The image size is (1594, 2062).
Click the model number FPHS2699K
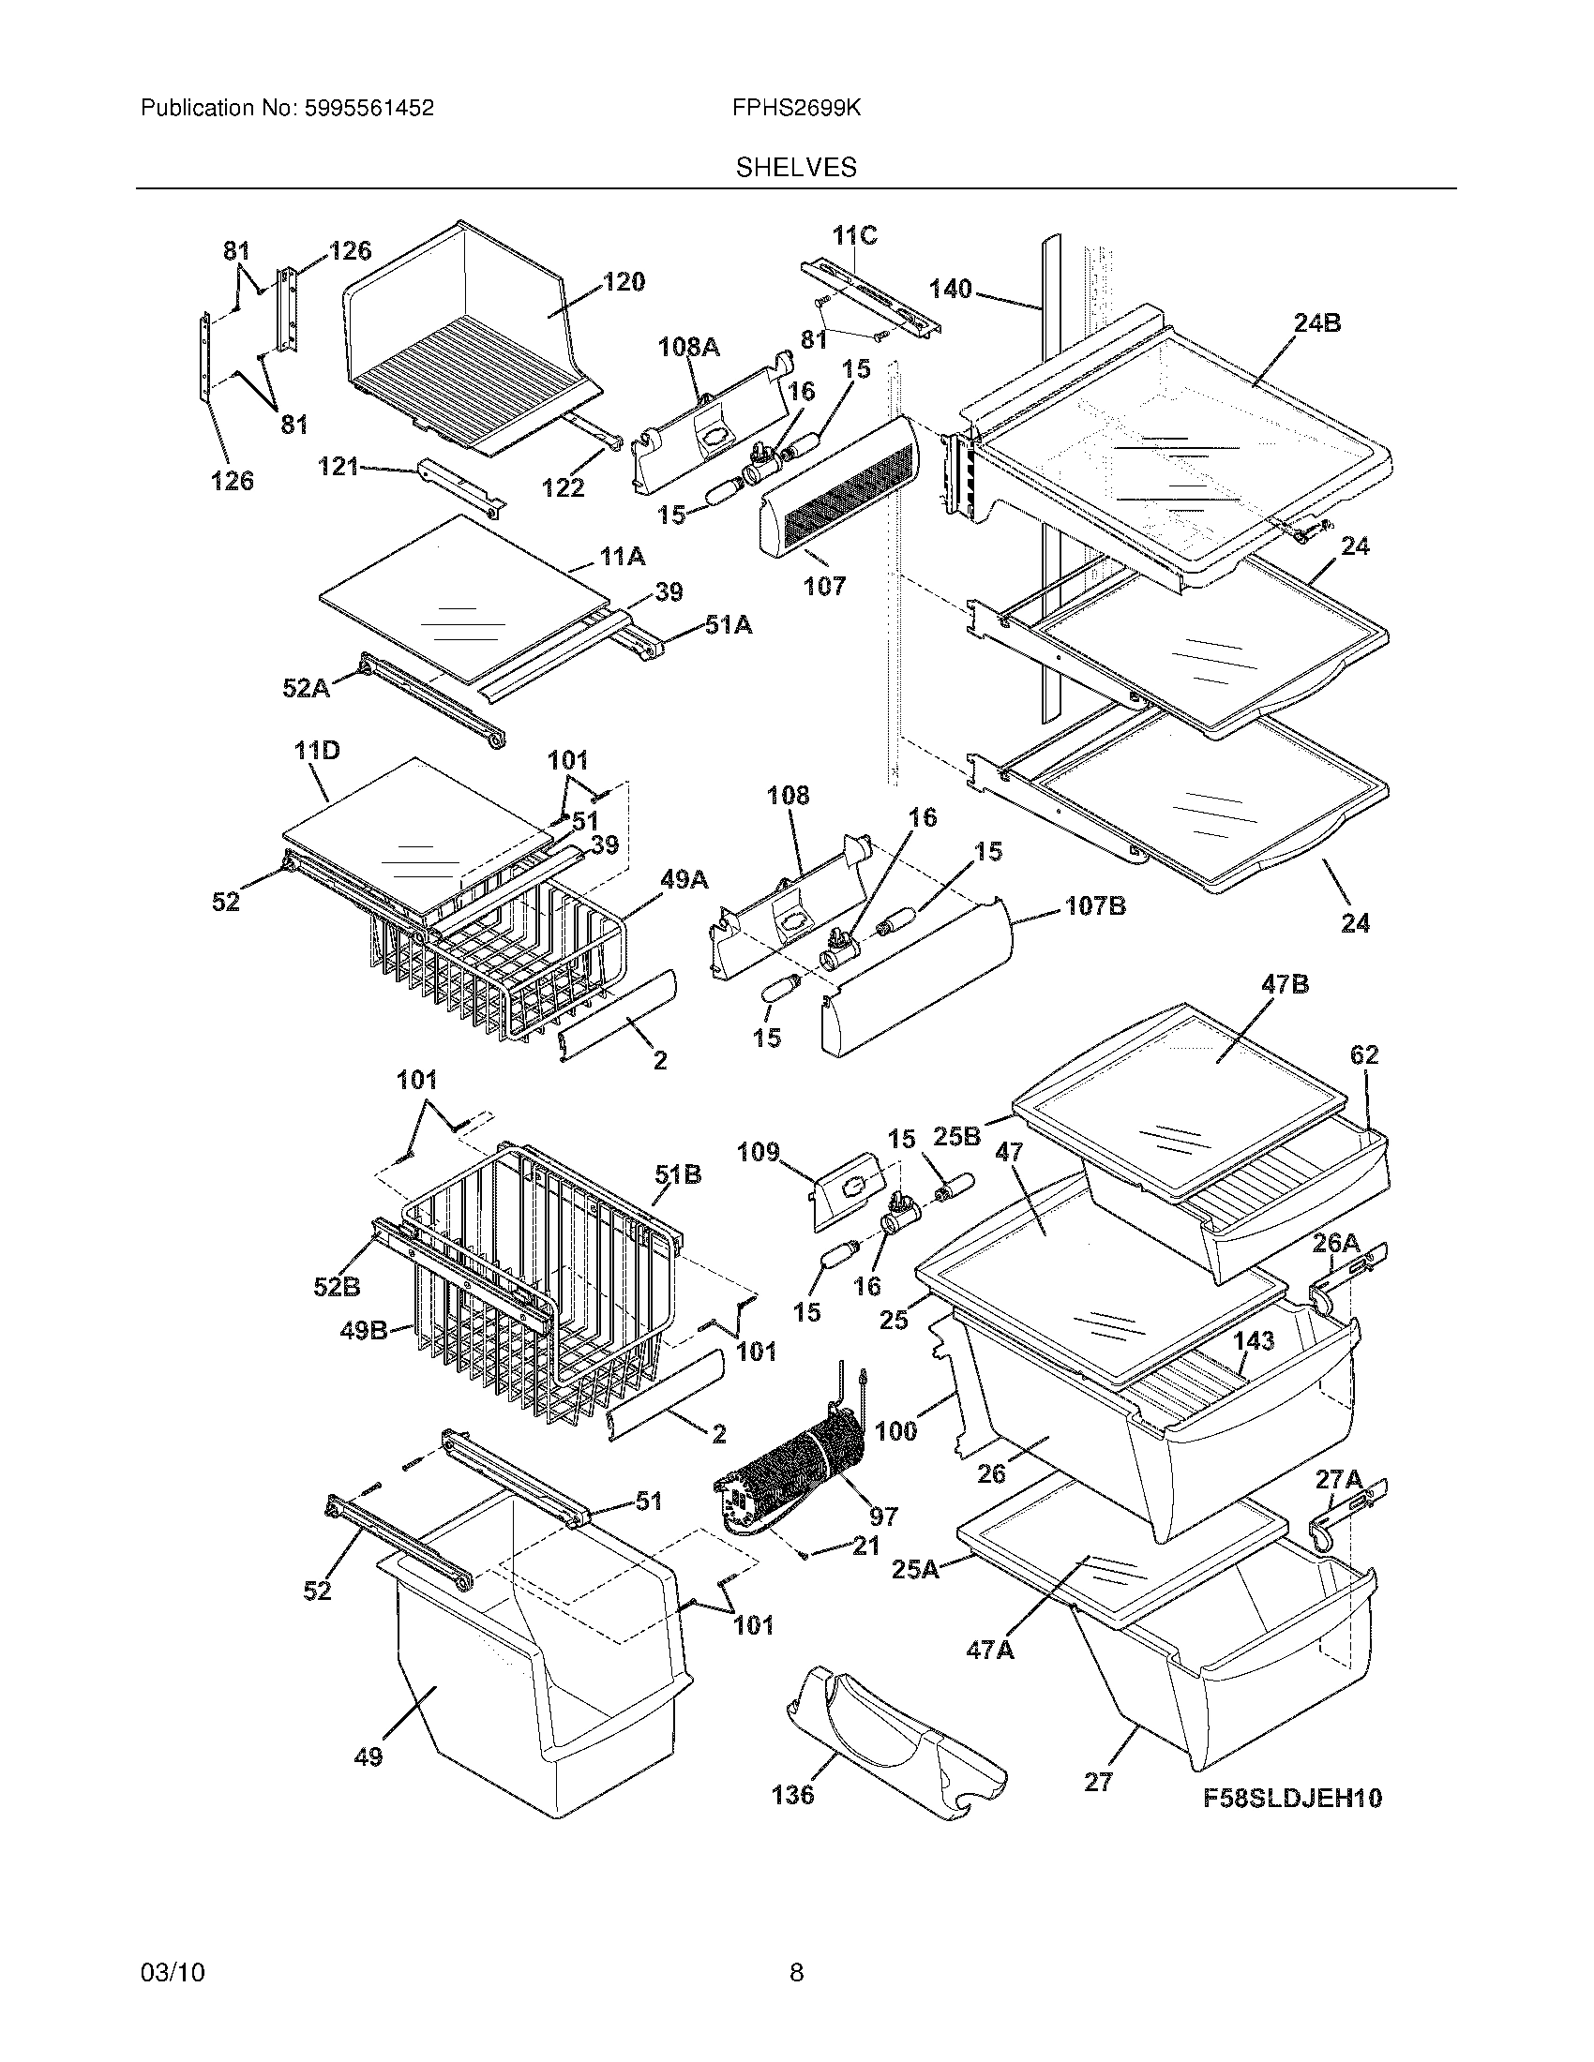tap(796, 109)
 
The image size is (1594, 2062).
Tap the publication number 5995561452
tap(368, 109)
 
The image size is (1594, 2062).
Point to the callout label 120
tap(624, 281)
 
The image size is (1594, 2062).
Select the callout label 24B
tap(1316, 324)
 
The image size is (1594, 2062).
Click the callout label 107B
tap(1095, 906)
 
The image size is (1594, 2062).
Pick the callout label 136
tap(792, 1794)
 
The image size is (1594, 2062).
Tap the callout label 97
tap(883, 1517)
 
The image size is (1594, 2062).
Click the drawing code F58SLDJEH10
tap(1292, 1799)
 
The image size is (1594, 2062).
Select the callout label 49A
tap(684, 880)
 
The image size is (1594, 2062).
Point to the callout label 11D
tap(316, 752)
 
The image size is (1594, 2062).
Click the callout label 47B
tap(1286, 985)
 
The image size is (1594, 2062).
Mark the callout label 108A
tap(688, 348)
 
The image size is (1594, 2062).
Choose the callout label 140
tap(950, 289)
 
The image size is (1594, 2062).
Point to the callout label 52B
tap(338, 1286)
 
